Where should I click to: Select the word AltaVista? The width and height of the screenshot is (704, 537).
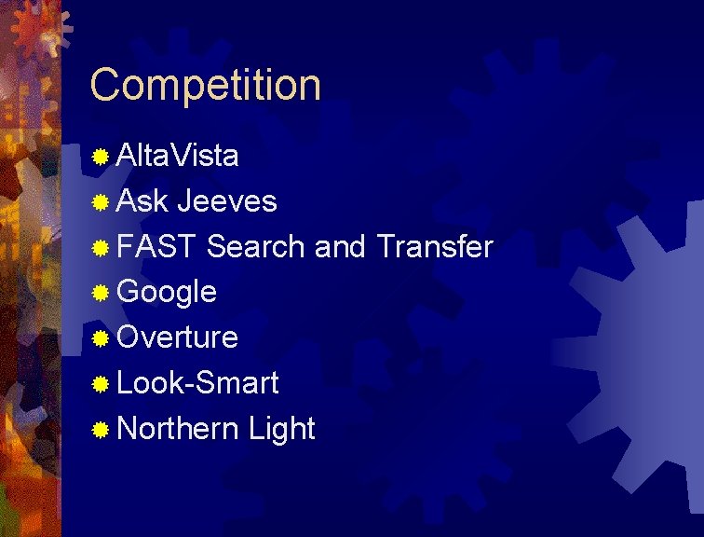click(178, 156)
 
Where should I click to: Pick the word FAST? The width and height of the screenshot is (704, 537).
click(157, 247)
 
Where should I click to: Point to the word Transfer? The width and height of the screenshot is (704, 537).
click(434, 247)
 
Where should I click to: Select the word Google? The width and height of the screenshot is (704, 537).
click(168, 293)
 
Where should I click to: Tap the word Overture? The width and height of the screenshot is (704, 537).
click(178, 337)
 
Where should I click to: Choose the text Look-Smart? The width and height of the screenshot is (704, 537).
click(198, 382)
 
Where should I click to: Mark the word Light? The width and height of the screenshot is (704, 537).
click(282, 428)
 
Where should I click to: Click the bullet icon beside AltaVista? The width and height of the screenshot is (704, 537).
click(101, 157)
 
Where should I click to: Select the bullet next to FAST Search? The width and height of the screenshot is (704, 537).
click(101, 248)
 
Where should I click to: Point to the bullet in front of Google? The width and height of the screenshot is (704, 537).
click(101, 293)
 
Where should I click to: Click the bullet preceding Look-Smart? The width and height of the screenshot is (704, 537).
click(101, 383)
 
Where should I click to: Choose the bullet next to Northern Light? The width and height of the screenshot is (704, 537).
click(101, 429)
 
